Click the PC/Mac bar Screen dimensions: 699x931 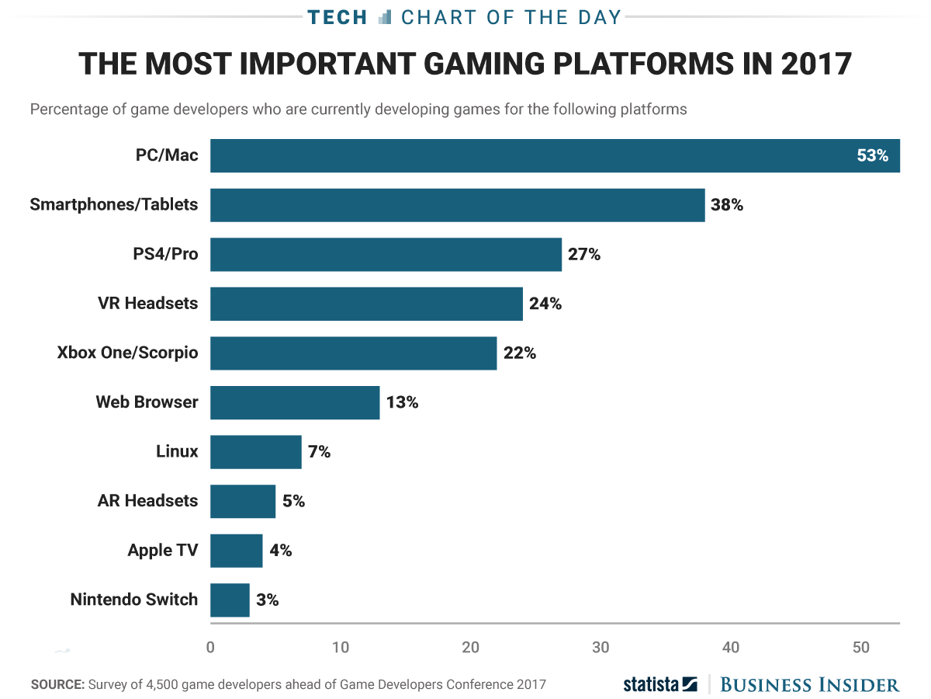(555, 155)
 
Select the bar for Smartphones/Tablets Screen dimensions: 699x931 (457, 205)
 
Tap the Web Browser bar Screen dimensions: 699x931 (295, 402)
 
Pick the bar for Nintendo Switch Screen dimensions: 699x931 (230, 600)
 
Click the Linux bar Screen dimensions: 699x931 (255, 451)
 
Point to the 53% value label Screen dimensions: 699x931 (872, 155)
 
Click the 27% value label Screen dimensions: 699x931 (584, 254)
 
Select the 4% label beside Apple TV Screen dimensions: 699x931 (280, 550)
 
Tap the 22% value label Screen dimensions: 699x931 (519, 353)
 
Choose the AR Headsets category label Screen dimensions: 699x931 (147, 501)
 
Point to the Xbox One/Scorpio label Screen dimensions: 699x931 (127, 353)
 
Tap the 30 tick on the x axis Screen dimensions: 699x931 (600, 646)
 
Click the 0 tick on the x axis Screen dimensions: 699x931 (210, 646)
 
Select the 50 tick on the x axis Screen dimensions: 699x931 (860, 646)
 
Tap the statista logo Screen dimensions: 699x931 (660, 684)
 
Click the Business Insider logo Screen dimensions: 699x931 (809, 684)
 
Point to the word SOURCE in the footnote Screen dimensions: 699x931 (57, 684)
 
